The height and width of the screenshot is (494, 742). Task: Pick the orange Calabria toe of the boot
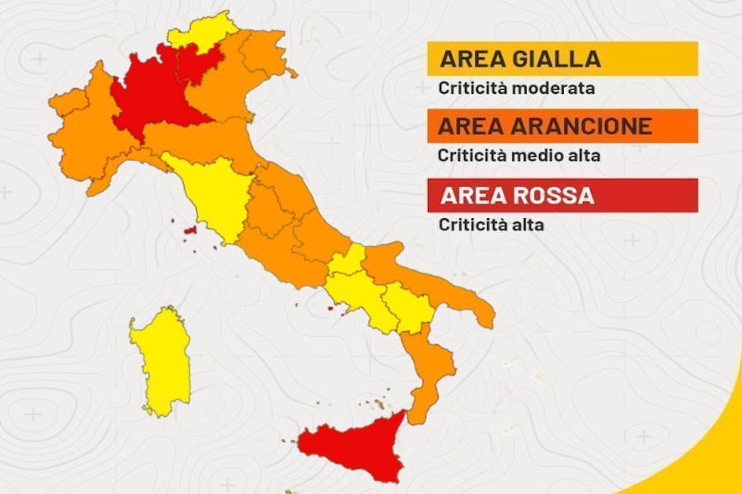[x=429, y=362]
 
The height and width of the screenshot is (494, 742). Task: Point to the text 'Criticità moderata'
[x=516, y=86]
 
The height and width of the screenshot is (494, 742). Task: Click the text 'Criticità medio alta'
[x=519, y=154]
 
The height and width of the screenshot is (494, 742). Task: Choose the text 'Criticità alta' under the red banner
[x=491, y=224]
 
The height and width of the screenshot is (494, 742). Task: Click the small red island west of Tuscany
[x=190, y=232]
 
